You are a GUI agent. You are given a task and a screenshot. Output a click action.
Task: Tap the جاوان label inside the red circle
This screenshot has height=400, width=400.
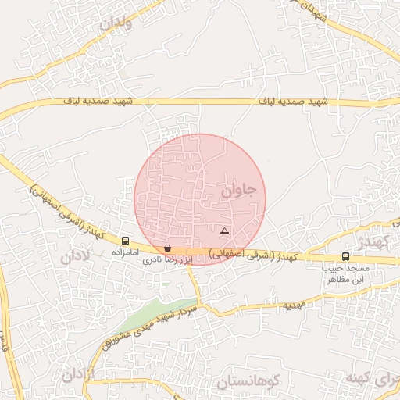tap(237, 188)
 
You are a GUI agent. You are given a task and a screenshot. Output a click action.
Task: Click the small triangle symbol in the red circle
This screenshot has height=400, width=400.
tap(224, 230)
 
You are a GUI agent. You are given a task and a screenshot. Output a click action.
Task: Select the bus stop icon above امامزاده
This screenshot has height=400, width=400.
tap(126, 241)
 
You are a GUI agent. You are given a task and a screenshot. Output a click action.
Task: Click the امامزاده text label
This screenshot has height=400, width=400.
tap(126, 253)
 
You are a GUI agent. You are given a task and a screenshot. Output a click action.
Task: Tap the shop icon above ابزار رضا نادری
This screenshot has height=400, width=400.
tap(168, 248)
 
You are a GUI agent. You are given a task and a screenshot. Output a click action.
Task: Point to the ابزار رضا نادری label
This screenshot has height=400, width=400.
tap(167, 259)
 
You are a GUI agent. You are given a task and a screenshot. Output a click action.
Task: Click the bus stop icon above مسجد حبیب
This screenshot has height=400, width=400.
tap(345, 256)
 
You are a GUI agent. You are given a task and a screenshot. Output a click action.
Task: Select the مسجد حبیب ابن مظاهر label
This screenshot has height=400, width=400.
tap(345, 273)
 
